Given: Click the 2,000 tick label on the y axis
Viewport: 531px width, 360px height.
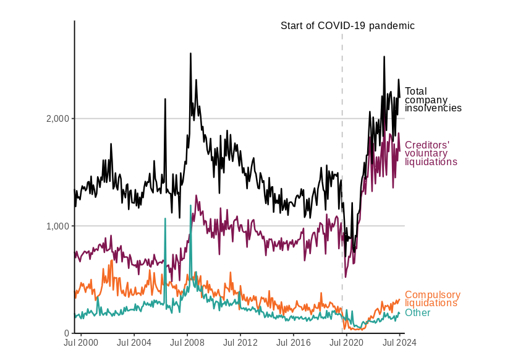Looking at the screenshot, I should click(x=57, y=119).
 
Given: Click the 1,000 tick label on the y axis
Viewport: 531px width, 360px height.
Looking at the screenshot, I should click(x=57, y=226).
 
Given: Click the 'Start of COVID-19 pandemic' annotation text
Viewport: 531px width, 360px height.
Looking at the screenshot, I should click(x=347, y=26).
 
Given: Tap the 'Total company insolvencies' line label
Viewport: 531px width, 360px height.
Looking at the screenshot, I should click(x=433, y=100).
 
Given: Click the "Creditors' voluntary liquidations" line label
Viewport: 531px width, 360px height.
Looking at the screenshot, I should click(x=430, y=153).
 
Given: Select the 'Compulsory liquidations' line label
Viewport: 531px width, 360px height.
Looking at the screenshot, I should click(x=432, y=299).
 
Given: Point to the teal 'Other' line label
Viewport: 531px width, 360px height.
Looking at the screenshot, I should click(x=417, y=313).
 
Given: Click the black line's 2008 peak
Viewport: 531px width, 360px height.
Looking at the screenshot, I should click(x=190, y=54).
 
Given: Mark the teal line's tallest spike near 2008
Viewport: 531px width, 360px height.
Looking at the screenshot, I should click(x=190, y=206).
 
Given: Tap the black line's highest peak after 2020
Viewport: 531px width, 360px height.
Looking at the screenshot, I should click(x=384, y=57).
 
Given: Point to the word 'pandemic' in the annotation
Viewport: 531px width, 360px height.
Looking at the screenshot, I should click(x=392, y=26).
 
